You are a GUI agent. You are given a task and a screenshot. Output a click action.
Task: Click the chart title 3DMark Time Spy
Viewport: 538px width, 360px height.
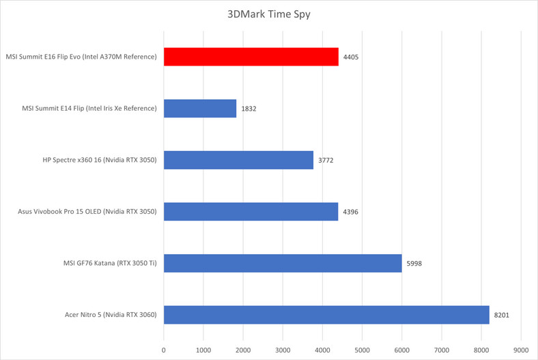269,14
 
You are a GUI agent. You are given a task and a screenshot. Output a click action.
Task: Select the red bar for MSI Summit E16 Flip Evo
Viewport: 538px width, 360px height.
251,57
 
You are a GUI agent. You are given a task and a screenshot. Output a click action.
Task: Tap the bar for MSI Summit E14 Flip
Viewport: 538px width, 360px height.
200,109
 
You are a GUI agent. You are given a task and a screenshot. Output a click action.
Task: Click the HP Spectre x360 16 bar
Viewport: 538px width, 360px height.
238,160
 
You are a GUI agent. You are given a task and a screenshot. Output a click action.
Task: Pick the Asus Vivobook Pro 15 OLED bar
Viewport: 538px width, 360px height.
251,211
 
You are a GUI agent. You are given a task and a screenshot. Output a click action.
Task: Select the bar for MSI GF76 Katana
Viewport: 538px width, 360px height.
283,263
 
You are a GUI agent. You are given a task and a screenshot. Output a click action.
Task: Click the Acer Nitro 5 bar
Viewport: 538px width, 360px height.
326,314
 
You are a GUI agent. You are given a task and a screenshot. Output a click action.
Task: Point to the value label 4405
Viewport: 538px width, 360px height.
351,57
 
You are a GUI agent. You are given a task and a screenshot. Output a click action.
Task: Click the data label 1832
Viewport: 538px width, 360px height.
249,109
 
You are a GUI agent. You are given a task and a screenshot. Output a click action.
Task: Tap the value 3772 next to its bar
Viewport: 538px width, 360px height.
326,161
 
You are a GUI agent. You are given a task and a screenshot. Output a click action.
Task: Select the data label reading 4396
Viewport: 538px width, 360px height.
350,212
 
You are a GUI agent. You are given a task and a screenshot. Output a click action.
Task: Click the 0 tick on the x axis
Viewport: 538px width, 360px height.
164,349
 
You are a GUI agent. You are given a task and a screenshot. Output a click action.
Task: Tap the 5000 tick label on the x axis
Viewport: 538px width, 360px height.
362,349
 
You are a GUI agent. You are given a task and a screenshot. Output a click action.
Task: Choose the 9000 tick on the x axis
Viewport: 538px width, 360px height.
520,349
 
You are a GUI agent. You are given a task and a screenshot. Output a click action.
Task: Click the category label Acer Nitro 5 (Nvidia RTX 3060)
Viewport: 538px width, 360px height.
109,315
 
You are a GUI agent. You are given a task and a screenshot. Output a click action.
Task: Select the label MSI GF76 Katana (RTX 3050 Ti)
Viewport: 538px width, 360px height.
103,263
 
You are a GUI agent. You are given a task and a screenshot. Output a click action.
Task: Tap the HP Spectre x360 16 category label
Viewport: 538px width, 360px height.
100,161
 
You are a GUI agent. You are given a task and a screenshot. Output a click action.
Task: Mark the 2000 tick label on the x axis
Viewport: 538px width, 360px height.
243,349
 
